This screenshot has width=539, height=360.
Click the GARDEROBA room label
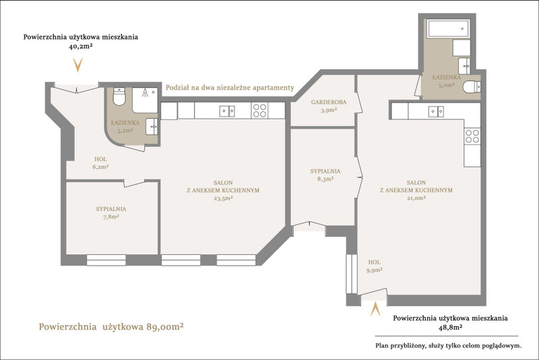click(329, 102)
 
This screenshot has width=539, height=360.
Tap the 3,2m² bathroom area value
click(125, 131)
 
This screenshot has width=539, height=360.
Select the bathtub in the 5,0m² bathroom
click(448, 28)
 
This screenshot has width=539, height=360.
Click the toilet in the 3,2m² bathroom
click(119, 96)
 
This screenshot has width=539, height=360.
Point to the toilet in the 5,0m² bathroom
click(472, 87)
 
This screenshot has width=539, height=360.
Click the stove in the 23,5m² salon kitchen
click(259, 111)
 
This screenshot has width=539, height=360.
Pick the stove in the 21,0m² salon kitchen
click(472, 136)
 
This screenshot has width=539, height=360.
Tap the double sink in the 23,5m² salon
click(227, 111)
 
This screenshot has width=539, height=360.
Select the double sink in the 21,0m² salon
click(436, 111)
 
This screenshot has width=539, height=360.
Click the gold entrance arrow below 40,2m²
click(78, 65)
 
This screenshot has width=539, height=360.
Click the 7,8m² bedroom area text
click(111, 216)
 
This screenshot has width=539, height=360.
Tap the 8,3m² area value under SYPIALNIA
click(325, 179)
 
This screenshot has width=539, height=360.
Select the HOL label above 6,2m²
click(100, 159)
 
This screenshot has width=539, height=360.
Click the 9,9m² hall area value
click(375, 270)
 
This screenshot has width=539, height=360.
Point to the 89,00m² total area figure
click(164, 326)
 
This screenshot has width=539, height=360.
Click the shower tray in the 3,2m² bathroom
click(145, 100)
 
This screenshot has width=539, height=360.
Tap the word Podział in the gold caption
click(177, 88)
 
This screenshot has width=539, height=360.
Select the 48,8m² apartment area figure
click(450, 328)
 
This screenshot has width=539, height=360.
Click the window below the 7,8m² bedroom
click(106, 260)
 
